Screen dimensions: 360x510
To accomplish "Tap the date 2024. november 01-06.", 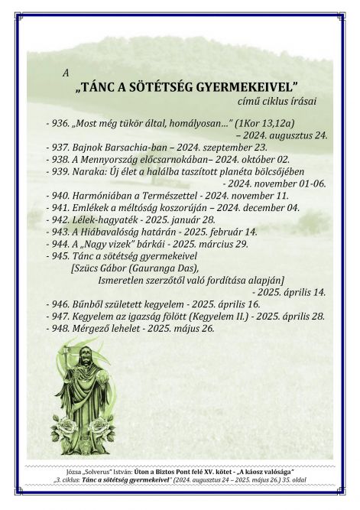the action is [x=274, y=184].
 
